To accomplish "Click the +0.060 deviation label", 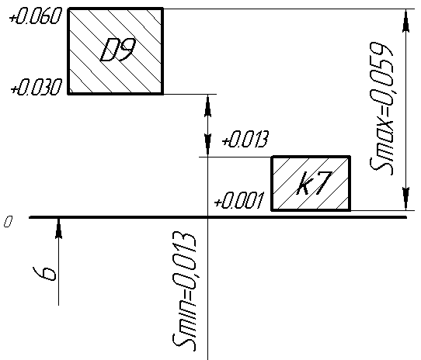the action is (35, 16).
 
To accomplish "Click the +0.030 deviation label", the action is (36, 87).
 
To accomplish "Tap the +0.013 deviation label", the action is (245, 139).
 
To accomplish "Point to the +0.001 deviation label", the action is (239, 200).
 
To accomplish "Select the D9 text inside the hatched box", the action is (117, 50).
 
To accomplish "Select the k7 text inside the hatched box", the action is (314, 183).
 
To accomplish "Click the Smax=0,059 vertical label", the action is (381, 108).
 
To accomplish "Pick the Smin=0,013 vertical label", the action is (184, 292).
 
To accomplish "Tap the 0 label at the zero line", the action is (8, 222).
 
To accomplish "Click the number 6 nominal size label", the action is (44, 274).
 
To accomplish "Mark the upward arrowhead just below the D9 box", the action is (207, 106).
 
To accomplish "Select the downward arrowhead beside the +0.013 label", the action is (207, 145).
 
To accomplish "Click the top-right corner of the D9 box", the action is (162, 9).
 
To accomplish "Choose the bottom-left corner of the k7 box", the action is (272, 210).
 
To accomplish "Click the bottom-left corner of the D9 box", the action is (68, 94).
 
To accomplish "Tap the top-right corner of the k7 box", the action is (350, 157).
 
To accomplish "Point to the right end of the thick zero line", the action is (406, 217).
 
